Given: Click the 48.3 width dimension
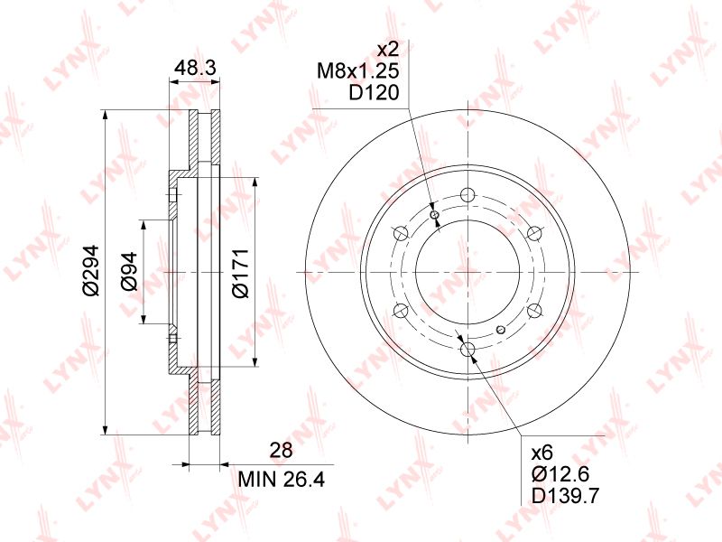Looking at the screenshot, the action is pos(195,69).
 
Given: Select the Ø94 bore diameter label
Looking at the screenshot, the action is pos(129,272).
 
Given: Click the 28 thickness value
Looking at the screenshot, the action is pos(281,450).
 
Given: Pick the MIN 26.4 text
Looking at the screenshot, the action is pos(281,480).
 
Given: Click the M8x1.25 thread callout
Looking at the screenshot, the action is pos(357,71).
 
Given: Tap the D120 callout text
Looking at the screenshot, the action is pos(374,93).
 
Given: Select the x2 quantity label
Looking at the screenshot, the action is pos(388,49).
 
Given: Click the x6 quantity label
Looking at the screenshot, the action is pos(542,453).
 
